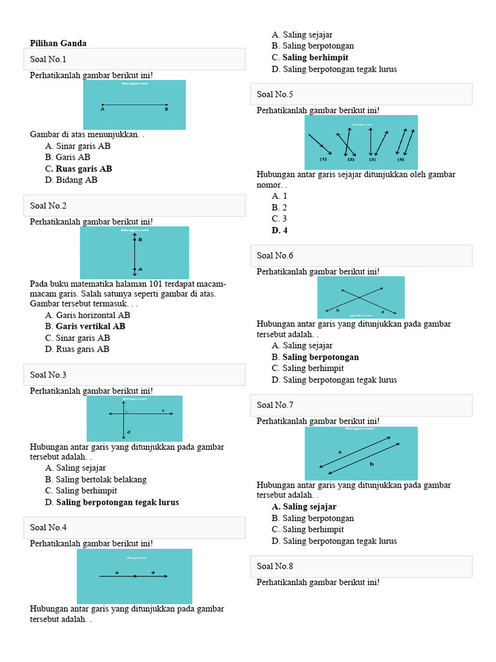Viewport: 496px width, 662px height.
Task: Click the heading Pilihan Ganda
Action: tap(58, 43)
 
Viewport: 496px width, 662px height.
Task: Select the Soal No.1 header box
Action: tap(134, 59)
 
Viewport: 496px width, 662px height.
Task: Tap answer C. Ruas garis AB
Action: tap(78, 169)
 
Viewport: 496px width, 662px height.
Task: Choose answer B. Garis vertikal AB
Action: tap(85, 326)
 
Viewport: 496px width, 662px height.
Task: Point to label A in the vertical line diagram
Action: tap(139, 269)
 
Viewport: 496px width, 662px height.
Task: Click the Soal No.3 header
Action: tap(134, 374)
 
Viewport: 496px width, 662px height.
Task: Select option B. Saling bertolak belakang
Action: tap(96, 480)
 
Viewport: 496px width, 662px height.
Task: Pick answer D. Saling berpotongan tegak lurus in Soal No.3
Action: tap(112, 502)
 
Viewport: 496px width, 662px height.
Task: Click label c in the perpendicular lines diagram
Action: tap(163, 410)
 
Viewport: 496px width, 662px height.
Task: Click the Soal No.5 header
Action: tap(361, 94)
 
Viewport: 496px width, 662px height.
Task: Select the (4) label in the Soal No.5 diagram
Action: tap(401, 159)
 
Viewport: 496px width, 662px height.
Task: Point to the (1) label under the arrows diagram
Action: tap(324, 159)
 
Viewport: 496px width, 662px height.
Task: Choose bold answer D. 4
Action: tap(280, 231)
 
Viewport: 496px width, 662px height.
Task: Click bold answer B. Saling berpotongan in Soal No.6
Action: tap(315, 357)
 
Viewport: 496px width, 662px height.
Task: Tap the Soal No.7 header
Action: tap(361, 405)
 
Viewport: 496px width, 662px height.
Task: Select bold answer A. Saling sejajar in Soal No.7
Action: tap(304, 507)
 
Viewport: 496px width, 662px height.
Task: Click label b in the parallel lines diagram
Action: tap(371, 464)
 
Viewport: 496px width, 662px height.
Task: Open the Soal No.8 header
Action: tap(361, 566)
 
